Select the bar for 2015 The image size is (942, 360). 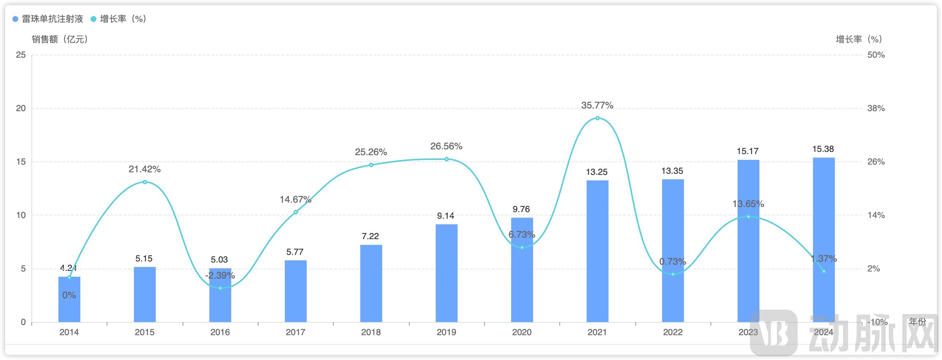click(145, 295)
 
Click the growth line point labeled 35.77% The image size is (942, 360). click(597, 118)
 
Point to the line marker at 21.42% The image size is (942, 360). click(145, 182)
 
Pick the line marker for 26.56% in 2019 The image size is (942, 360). click(446, 159)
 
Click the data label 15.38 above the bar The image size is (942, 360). click(823, 149)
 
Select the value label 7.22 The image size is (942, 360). click(370, 236)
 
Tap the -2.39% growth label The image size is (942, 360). click(220, 276)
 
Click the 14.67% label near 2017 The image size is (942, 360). click(295, 199)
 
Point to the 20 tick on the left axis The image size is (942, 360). click(21, 108)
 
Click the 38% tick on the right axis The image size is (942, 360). click(876, 108)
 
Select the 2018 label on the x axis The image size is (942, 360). click(371, 332)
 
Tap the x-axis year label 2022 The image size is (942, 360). click(673, 332)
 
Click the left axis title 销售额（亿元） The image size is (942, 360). click(60, 39)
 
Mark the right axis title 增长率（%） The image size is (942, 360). click(859, 39)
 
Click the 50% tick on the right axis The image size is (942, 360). click(876, 55)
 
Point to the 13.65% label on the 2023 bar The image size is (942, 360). click(748, 204)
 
